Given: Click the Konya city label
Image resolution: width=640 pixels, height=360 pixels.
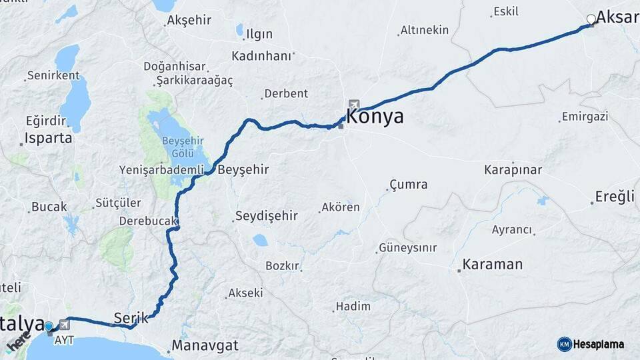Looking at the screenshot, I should click(375, 117).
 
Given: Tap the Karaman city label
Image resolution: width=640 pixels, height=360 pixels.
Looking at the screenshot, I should click(493, 264).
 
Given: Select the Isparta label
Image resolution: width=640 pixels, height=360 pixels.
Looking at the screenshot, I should click(48, 139).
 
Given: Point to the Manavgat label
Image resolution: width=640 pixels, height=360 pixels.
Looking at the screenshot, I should click(205, 346).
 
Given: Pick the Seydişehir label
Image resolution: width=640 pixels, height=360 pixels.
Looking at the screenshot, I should click(266, 216).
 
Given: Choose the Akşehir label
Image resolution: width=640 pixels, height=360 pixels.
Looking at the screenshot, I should click(189, 20).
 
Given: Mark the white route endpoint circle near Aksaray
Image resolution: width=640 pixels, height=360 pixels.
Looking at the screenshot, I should click(591, 19).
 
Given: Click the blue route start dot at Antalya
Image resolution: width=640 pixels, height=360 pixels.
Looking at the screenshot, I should click(49, 327).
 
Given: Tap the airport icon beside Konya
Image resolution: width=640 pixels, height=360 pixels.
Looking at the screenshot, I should click(353, 105).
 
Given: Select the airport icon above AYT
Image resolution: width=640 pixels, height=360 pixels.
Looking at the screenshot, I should click(64, 325).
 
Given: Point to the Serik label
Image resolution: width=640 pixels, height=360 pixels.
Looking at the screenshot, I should click(127, 317).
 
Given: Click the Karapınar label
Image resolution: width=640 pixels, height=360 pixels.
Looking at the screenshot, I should click(513, 169).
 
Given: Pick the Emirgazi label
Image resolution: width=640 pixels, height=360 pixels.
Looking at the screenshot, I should click(585, 117).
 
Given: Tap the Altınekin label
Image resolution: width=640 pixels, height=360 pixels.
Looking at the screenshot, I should click(425, 30).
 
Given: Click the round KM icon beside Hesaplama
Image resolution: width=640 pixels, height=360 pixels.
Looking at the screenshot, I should click(565, 344).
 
